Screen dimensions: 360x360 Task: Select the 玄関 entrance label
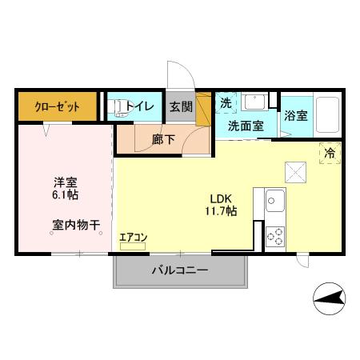pyautogui.click(x=180, y=106)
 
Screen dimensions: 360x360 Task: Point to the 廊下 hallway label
pyautogui.click(x=162, y=138)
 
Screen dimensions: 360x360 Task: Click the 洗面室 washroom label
pyautogui.click(x=245, y=126)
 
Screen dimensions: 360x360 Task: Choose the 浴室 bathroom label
pyautogui.click(x=295, y=114)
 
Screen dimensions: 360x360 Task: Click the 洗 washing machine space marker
pyautogui.click(x=226, y=103)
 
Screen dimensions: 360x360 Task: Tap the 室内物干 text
pyautogui.click(x=76, y=226)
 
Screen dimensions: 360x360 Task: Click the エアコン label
pyautogui.click(x=133, y=237)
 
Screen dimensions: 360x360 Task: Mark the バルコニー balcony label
pyautogui.click(x=179, y=270)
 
